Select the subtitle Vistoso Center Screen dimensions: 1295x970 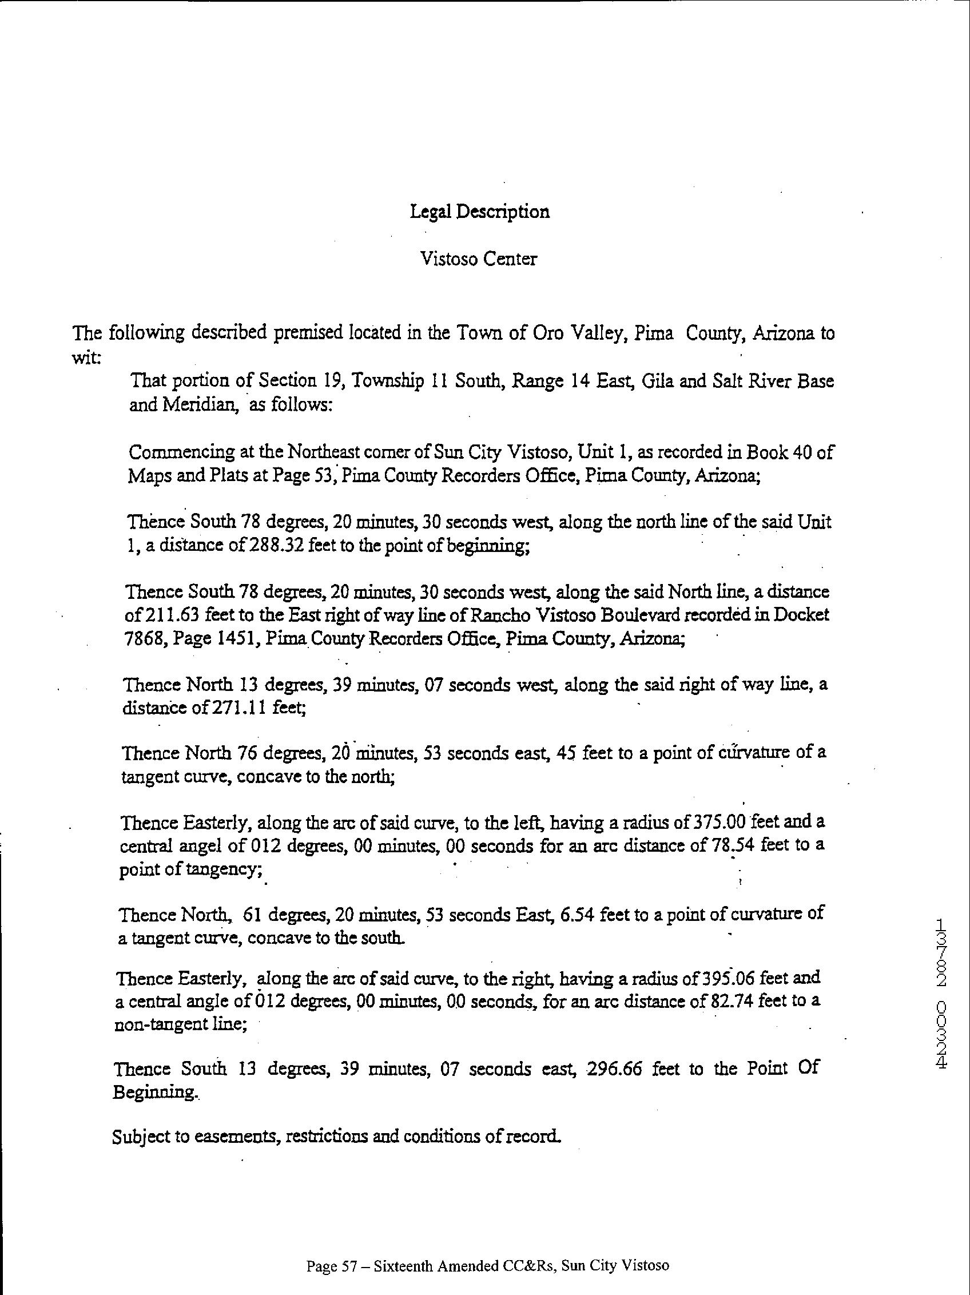coord(478,259)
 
